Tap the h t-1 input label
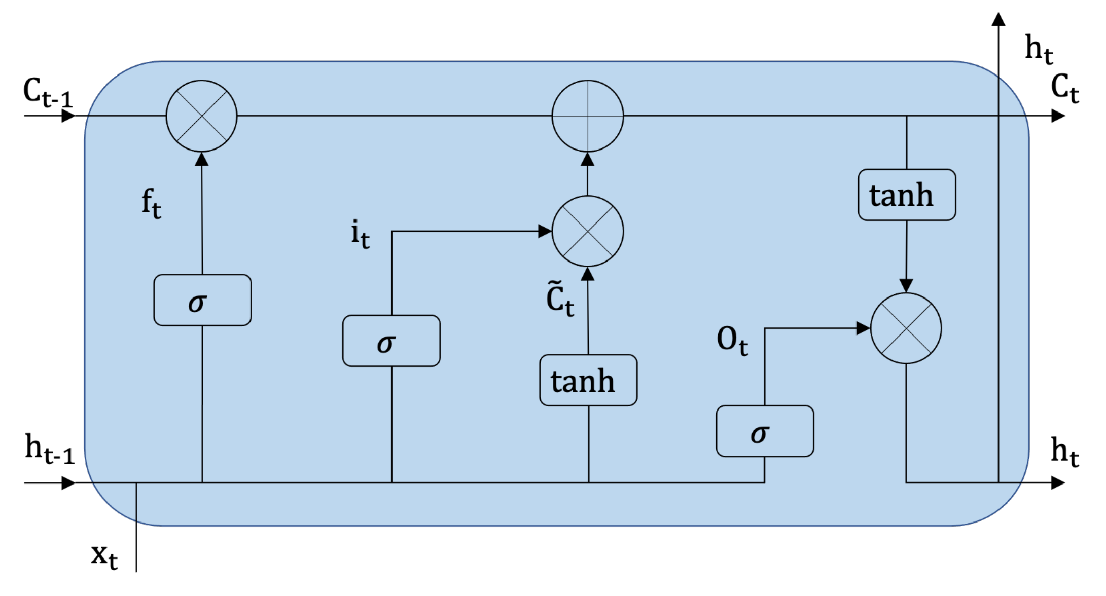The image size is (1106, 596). point(49,449)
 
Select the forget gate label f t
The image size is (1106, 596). point(151,203)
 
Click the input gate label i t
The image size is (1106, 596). point(360,234)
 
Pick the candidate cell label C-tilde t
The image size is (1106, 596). point(560,299)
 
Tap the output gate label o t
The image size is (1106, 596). point(732,340)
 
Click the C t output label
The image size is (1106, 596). point(1064,88)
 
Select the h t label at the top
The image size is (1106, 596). point(1039,49)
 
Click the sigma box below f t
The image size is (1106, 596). point(202,301)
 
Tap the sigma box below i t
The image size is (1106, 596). point(391,341)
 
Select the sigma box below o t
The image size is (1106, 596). point(765,431)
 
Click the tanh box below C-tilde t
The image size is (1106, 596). point(588,381)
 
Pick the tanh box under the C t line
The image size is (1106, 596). point(907,195)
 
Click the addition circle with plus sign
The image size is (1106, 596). point(587,116)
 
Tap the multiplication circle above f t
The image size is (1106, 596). point(201,116)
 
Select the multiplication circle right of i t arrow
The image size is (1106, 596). point(587,232)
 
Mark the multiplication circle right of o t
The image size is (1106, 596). point(906,328)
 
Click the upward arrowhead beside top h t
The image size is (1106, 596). point(998,19)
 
